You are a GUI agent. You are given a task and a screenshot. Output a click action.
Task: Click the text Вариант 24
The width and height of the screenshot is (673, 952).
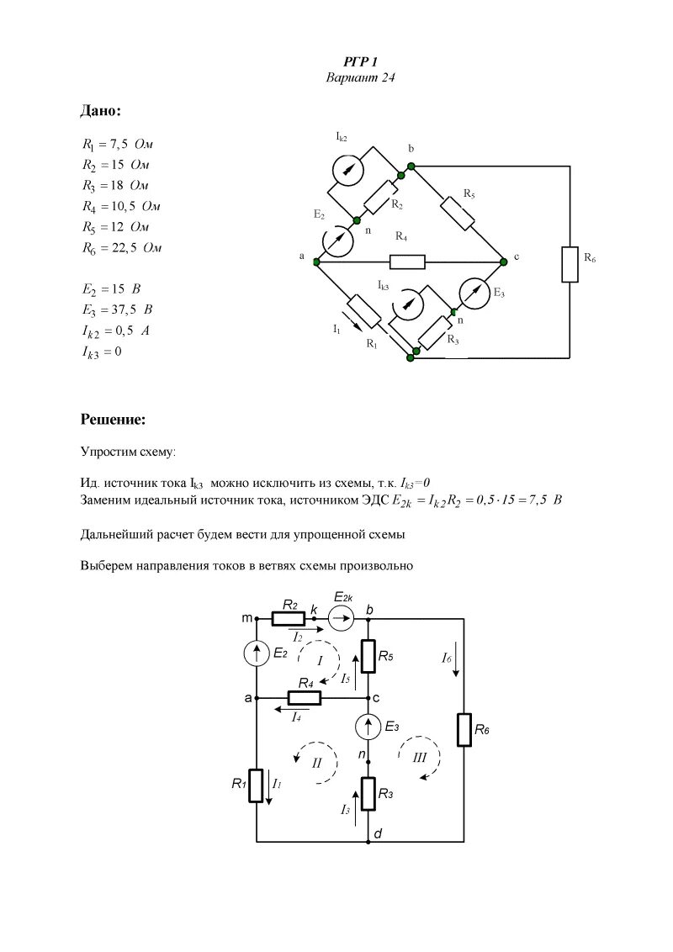pos(360,77)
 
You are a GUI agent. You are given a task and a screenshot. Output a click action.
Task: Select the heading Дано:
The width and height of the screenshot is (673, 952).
pos(101,110)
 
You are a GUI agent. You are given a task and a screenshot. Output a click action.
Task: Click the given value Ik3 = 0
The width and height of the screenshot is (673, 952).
pos(102,352)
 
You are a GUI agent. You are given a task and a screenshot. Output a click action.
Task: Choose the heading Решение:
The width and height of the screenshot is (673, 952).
pos(114,418)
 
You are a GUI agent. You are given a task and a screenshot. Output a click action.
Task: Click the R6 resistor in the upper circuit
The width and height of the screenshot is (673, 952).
pos(570,265)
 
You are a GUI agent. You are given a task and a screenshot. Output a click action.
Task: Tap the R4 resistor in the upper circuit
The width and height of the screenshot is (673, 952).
pos(407,262)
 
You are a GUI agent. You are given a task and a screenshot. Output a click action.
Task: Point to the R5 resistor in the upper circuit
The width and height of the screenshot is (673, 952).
pos(459,209)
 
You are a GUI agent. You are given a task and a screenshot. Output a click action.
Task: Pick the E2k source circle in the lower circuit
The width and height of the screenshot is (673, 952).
pos(342,621)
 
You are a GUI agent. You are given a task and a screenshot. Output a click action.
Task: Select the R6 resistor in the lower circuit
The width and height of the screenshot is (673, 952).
pos(464,729)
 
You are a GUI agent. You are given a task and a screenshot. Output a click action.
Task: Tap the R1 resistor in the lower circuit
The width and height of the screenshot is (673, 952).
pos(257,784)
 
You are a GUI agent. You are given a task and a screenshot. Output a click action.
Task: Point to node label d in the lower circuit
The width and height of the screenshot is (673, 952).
pos(379,833)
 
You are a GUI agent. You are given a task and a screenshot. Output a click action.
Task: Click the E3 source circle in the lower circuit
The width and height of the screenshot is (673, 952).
pos(368,726)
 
